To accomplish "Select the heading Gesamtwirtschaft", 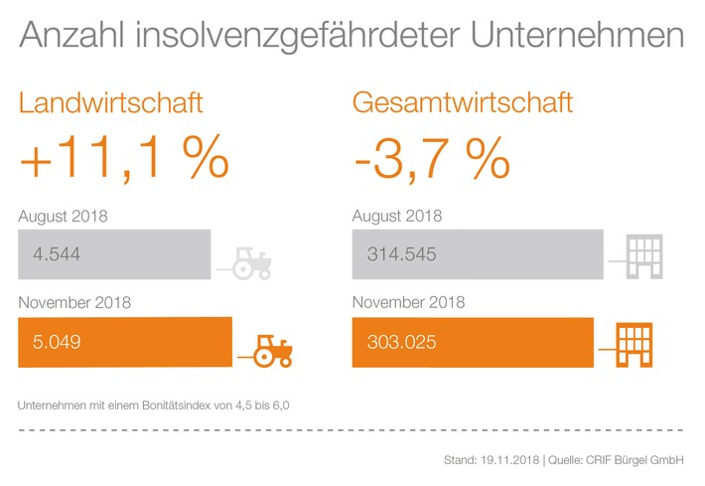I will point(464,102).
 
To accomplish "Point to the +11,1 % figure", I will point(123,159).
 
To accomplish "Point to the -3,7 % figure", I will point(432,159).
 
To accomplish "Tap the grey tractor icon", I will point(251,262).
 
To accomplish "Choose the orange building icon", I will point(631,343).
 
